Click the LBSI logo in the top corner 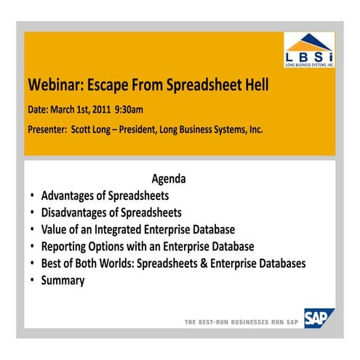pos(309,49)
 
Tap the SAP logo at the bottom pos(319,318)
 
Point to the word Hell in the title pos(254,85)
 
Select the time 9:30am pos(129,110)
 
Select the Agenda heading pos(169,179)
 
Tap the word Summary pos(63,280)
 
